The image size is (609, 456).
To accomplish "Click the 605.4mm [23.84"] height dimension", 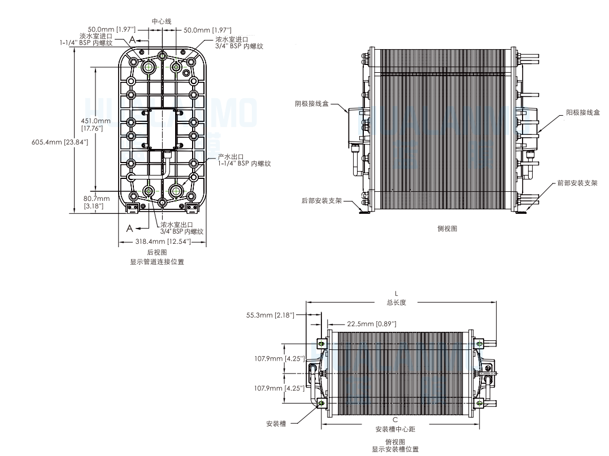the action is point(60,142).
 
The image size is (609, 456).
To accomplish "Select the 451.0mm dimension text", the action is point(95,121).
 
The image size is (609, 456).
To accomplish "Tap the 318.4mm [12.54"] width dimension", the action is point(163,242).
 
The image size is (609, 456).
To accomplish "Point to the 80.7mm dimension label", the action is point(96,199).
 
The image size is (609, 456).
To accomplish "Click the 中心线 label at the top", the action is point(162,21).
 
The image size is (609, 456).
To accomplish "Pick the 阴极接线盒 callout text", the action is point(311,104).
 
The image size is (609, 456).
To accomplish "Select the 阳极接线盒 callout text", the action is point(583,112).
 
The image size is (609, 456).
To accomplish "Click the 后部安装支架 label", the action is point(321,201).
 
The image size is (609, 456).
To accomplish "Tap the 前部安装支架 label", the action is point(577,183).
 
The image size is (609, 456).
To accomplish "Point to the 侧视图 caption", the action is point(447,229).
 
